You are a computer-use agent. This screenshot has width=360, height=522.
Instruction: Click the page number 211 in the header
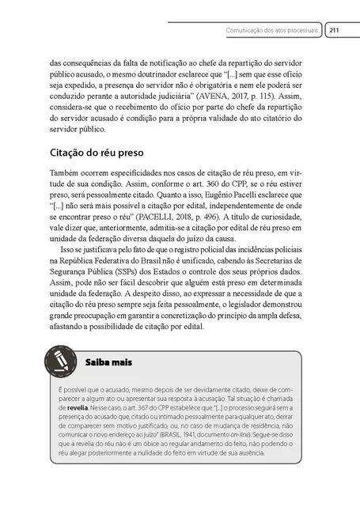(334, 31)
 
